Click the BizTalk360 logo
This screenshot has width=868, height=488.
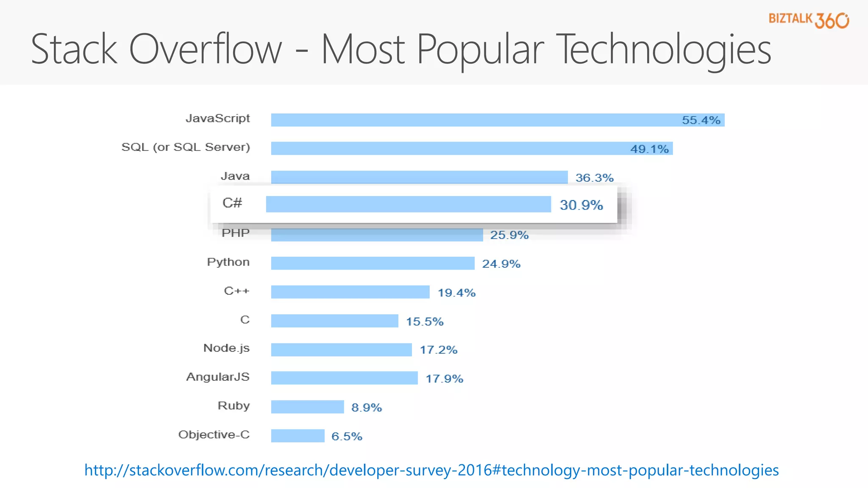click(x=808, y=20)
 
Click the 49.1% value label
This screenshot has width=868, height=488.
click(x=649, y=149)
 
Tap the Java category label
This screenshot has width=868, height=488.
click(x=235, y=176)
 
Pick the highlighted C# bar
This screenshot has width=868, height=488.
click(x=408, y=204)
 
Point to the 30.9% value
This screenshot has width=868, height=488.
click(x=581, y=205)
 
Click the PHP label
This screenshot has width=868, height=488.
click(x=236, y=233)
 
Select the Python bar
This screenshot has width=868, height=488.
click(x=373, y=263)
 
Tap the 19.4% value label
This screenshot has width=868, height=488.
click(x=456, y=293)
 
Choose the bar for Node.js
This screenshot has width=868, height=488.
click(x=341, y=350)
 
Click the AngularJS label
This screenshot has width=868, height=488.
click(x=218, y=377)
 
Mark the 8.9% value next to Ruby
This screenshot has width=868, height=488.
click(x=367, y=408)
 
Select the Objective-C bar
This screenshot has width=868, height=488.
click(x=298, y=436)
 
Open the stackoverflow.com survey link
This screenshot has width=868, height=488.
click(x=431, y=470)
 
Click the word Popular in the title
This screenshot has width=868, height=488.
click(x=480, y=50)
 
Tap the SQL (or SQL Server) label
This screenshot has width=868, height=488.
click(x=186, y=147)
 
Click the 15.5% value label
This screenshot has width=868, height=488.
click(x=425, y=322)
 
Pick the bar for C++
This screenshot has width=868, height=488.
click(x=350, y=292)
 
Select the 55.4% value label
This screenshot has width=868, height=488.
click(x=701, y=120)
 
